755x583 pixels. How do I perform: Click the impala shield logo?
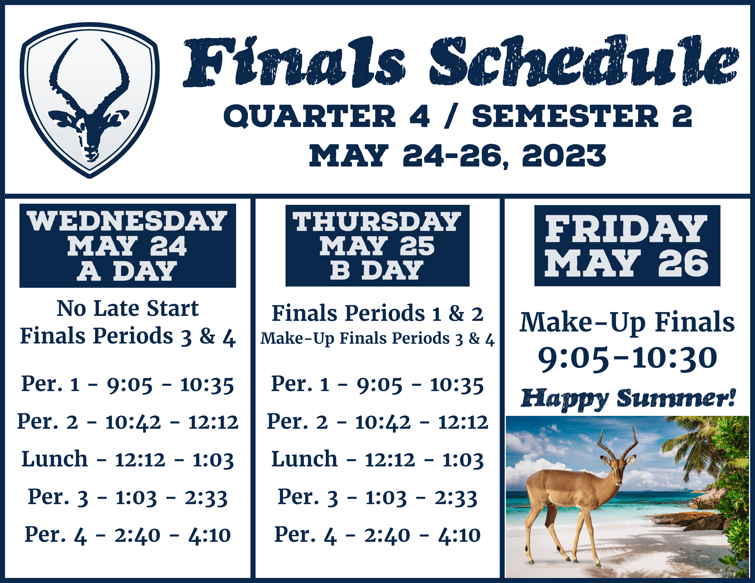coord(89,100)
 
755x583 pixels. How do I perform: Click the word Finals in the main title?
coord(294,62)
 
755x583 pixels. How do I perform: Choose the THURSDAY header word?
coord(377,222)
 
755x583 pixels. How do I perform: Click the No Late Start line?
coord(128,308)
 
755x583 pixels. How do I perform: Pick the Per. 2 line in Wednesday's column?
coord(128,422)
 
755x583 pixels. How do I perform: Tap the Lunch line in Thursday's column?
coord(377,460)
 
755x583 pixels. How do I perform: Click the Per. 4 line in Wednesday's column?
coord(128,535)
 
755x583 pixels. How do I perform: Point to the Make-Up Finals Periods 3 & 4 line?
coord(377,339)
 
